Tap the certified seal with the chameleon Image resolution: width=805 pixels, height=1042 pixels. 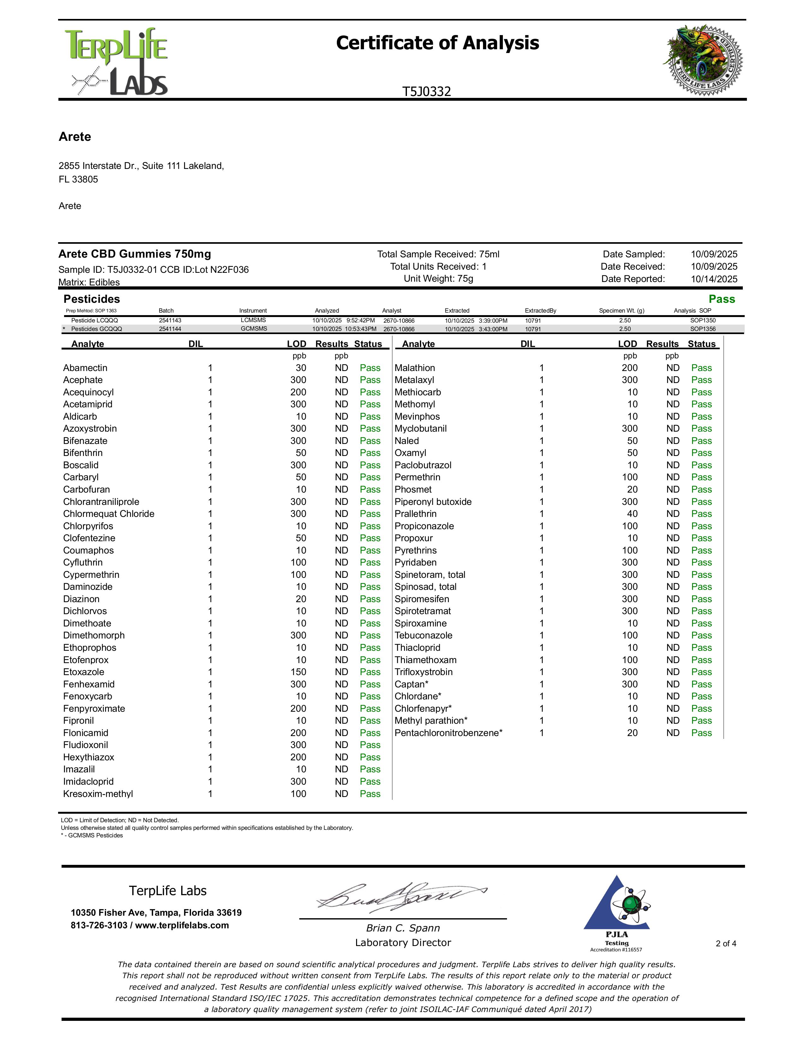click(x=703, y=60)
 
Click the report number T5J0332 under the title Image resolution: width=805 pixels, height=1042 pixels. click(x=426, y=92)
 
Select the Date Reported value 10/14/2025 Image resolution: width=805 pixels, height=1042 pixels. click(x=714, y=279)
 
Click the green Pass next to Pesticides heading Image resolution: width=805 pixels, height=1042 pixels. click(x=722, y=299)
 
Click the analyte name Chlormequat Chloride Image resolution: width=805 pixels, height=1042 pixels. click(x=109, y=514)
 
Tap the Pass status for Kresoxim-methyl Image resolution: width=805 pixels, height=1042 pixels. click(x=370, y=794)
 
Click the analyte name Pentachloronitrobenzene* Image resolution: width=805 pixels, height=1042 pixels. click(x=448, y=733)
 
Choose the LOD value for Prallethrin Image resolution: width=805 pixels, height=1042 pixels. click(x=632, y=514)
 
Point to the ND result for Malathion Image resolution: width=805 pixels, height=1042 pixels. click(x=673, y=368)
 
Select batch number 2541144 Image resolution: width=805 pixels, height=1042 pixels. click(x=170, y=329)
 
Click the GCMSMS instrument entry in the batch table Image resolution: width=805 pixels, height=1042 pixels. click(x=254, y=329)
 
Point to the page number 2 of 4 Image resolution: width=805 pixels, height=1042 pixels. click(x=726, y=943)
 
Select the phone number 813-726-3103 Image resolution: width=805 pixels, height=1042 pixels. click(x=99, y=925)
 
